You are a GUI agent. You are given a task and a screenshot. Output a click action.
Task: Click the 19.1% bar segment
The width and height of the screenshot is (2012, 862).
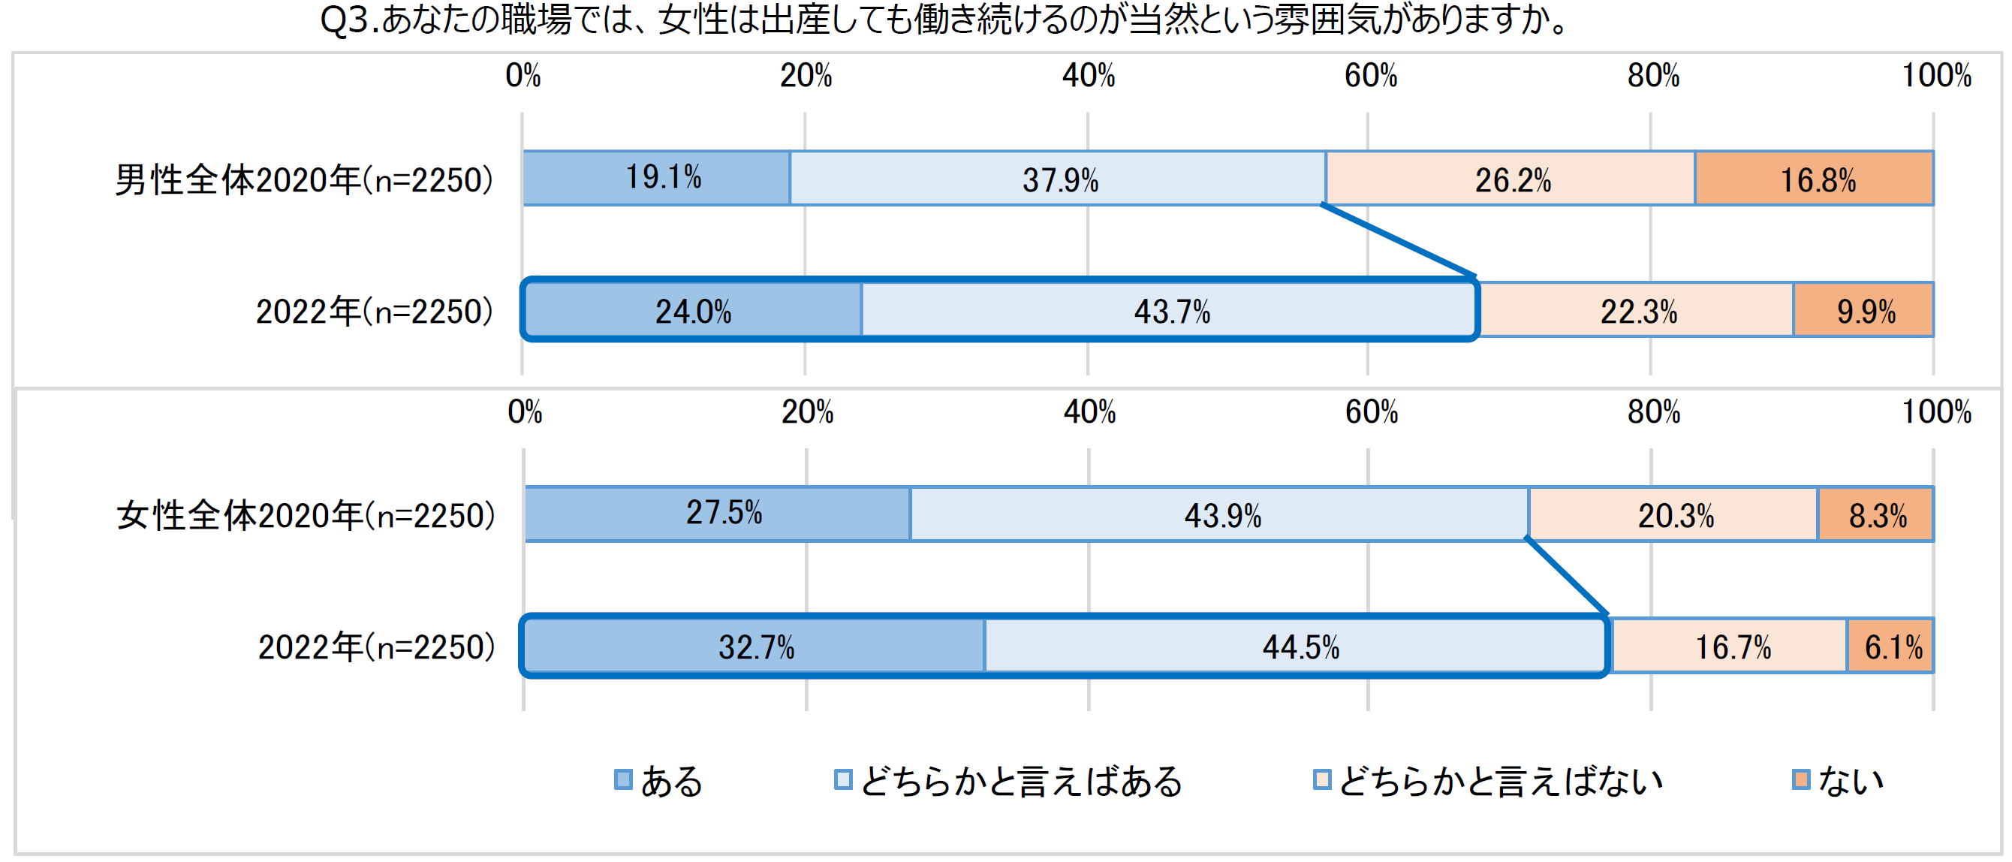pyautogui.click(x=656, y=178)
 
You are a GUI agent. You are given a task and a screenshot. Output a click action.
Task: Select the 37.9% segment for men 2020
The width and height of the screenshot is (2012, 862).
pyautogui.click(x=1059, y=179)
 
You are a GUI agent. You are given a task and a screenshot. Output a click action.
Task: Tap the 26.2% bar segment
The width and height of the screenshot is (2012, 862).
pyautogui.click(x=1511, y=179)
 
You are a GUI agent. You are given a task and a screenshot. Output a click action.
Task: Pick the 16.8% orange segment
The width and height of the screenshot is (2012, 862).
pyautogui.click(x=1815, y=179)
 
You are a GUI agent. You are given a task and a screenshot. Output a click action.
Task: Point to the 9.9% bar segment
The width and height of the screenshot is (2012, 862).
pyautogui.click(x=1864, y=310)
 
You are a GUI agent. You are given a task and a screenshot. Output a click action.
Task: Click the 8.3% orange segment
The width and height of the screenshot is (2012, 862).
pyautogui.click(x=1876, y=514)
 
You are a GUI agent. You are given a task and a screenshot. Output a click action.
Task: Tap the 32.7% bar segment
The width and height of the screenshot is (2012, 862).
pyautogui.click(x=754, y=646)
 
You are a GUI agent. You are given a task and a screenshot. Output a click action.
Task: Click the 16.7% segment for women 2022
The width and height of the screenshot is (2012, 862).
pyautogui.click(x=1730, y=646)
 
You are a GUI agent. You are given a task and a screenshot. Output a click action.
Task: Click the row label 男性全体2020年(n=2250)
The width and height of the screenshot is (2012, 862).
pyautogui.click(x=304, y=179)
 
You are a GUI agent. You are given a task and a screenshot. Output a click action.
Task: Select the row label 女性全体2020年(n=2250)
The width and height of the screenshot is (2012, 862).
pyautogui.click(x=306, y=515)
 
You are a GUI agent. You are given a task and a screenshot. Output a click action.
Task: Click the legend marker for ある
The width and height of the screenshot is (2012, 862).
pyautogui.click(x=622, y=779)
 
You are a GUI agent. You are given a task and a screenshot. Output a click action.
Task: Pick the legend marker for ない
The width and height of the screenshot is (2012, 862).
pyautogui.click(x=1800, y=779)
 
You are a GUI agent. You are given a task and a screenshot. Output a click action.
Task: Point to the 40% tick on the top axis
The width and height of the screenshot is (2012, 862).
pyautogui.click(x=1088, y=76)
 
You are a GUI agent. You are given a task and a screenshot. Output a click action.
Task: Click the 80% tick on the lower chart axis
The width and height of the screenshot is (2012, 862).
pyautogui.click(x=1652, y=412)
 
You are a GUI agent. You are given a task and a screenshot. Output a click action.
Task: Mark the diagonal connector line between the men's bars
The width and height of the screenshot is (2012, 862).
pyautogui.click(x=1398, y=240)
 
